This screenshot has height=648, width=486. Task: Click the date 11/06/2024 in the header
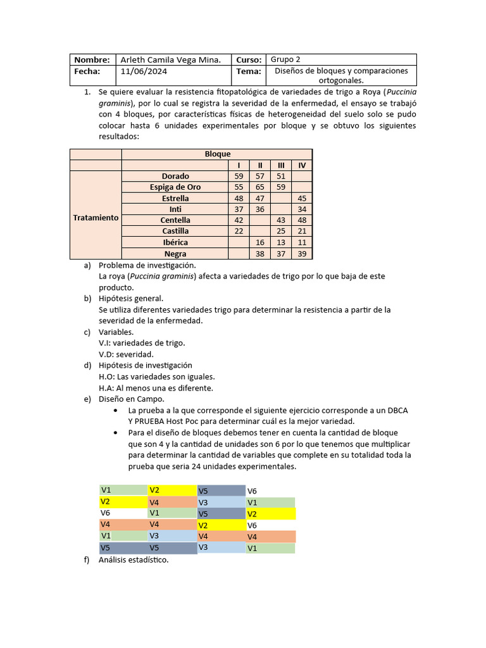tap(144, 72)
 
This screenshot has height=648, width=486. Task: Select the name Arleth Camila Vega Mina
tap(170, 59)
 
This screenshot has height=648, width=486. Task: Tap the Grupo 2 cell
tap(285, 59)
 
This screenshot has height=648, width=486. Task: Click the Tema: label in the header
tap(249, 72)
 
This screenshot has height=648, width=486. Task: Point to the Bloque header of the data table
tap(217, 154)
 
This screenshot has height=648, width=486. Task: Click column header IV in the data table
tap(302, 165)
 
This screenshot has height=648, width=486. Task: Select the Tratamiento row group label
tap(96, 217)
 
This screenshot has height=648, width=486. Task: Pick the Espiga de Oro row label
tap(175, 187)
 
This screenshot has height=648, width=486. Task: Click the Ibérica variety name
tap(175, 242)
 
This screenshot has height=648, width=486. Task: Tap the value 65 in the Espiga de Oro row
tap(260, 187)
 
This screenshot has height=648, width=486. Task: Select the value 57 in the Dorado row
tap(260, 176)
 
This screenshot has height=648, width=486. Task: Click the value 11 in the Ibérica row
tap(302, 242)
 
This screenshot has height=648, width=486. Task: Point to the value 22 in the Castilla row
tap(239, 232)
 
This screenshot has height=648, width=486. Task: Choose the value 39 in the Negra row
tap(302, 254)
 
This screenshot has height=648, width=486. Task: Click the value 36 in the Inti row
tap(260, 209)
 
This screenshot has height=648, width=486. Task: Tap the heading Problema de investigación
tap(147, 265)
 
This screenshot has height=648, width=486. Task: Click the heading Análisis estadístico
tap(134, 559)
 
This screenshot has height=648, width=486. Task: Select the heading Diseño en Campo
tap(131, 399)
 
